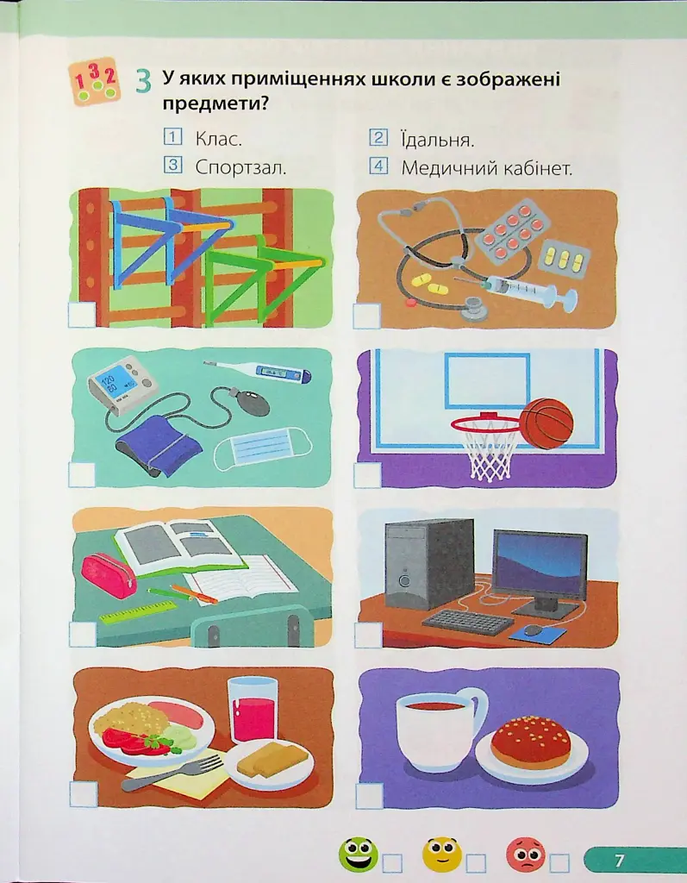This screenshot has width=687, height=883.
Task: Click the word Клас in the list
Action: tap(218, 139)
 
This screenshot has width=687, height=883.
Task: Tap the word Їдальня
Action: tap(438, 139)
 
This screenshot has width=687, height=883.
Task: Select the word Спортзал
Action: tap(241, 167)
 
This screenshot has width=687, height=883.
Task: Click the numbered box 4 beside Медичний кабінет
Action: tap(379, 166)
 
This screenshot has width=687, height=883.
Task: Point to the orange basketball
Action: tap(546, 423)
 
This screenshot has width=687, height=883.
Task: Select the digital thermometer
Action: tap(258, 371)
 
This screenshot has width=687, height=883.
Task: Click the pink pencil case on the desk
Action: tap(109, 575)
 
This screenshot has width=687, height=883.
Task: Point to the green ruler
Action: tap(138, 611)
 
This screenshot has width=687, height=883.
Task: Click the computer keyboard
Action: tap(468, 622)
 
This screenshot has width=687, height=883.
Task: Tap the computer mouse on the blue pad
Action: tap(532, 630)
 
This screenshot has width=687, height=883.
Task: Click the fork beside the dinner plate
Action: tap(172, 773)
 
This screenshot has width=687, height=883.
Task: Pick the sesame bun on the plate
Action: tap(531, 741)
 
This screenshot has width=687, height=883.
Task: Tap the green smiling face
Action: tap(359, 855)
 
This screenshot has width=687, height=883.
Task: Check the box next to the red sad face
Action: tap(559, 862)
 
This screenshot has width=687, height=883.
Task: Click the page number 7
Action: tap(619, 860)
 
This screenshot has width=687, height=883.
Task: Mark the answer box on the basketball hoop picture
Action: tap(368, 475)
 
